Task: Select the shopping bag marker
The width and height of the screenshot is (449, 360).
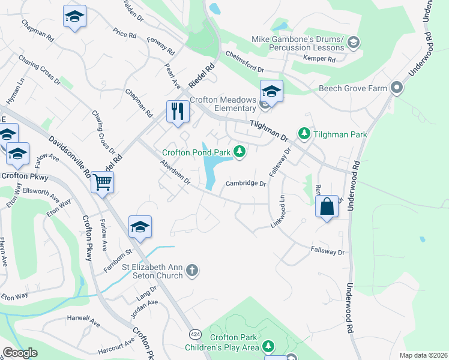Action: (x=327, y=207)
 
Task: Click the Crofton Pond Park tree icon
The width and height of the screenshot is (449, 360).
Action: (x=240, y=151)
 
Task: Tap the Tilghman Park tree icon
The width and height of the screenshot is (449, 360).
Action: (x=304, y=133)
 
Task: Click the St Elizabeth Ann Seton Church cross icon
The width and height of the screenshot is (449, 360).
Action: (x=191, y=270)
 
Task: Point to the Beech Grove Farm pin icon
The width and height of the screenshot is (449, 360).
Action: (x=396, y=88)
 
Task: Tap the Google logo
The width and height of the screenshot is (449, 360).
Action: (x=20, y=353)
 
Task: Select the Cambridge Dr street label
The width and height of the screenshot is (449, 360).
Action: (x=246, y=184)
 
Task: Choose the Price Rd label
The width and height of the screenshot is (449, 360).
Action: (x=124, y=33)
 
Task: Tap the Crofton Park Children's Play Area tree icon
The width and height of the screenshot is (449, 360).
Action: (x=268, y=346)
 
